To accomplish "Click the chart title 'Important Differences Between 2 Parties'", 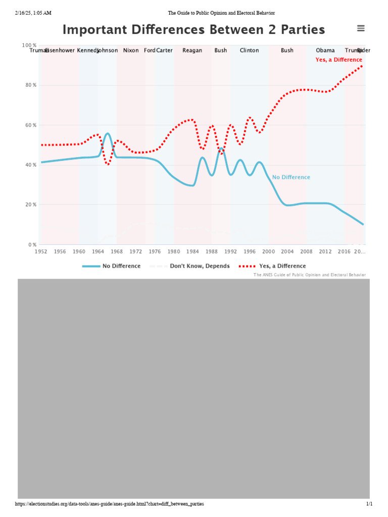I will click(x=193, y=30).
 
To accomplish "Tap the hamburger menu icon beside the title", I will click(x=361, y=29).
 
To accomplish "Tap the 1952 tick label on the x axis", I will click(x=41, y=251).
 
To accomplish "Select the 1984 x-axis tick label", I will click(x=192, y=251).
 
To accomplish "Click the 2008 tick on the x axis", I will click(x=306, y=251).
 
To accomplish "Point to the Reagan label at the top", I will click(x=192, y=50).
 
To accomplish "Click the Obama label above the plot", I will click(x=325, y=50).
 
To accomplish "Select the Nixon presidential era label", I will click(x=131, y=50).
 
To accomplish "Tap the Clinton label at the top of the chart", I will click(x=249, y=50).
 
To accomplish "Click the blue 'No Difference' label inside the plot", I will click(x=291, y=177).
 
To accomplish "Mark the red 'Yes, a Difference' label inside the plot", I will click(x=338, y=60).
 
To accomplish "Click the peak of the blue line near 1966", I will click(x=107, y=134).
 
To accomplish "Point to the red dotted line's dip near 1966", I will click(x=107, y=165).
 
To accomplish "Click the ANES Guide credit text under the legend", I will click(x=309, y=275).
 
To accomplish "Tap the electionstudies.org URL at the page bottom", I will click(x=110, y=504).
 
